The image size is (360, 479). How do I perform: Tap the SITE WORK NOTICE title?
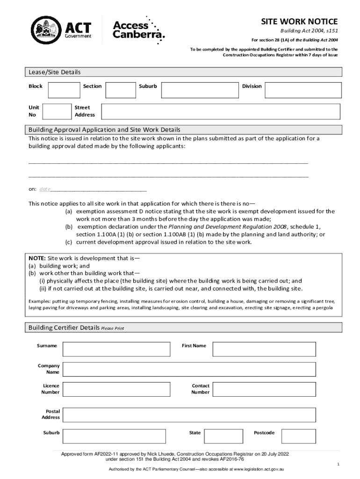pyautogui.click(x=299, y=22)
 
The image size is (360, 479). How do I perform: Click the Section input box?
pyautogui.click(x=121, y=90)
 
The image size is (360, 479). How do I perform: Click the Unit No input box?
pyautogui.click(x=57, y=111)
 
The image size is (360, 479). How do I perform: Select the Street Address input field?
pyautogui.click(x=222, y=111)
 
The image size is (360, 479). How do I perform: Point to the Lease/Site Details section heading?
pyautogui.click(x=55, y=72)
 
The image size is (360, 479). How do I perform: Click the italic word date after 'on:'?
pyautogui.click(x=45, y=189)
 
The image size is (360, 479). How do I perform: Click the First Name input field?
pyautogui.click(x=276, y=349)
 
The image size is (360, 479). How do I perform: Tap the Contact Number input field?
pyautogui.click(x=276, y=389)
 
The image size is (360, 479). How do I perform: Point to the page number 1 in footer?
pyautogui.click(x=338, y=464)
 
